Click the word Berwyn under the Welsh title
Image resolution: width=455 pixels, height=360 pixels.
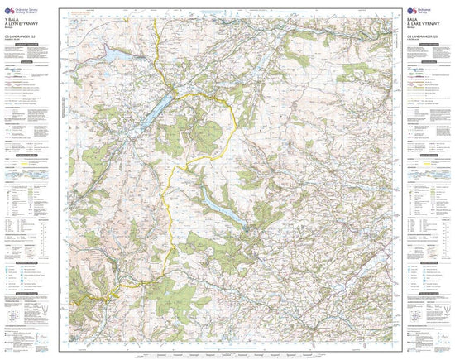pyautogui.click(x=11, y=30)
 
